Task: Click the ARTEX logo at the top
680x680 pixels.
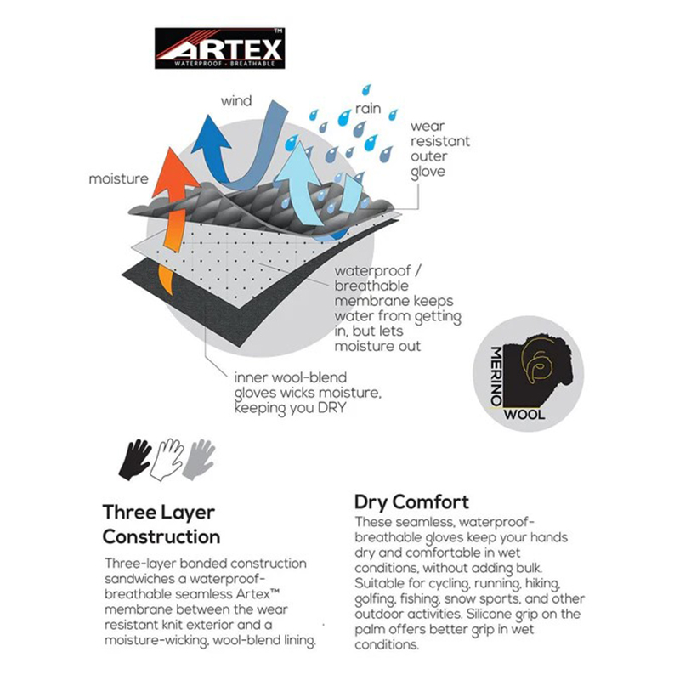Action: (219, 48)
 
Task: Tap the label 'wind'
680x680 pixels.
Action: (236, 101)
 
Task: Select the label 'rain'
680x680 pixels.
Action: (368, 109)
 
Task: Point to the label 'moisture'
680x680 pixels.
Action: (118, 178)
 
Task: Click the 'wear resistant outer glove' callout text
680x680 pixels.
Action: (440, 150)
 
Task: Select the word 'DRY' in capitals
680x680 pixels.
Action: (331, 408)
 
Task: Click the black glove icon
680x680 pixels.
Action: (134, 460)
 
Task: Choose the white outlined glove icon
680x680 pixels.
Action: (167, 460)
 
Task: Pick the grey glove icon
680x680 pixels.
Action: (199, 460)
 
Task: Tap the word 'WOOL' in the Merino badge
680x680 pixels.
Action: (524, 415)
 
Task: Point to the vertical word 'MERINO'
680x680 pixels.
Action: (496, 376)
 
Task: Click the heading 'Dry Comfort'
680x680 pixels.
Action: (411, 502)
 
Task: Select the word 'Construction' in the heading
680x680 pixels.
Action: (161, 537)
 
